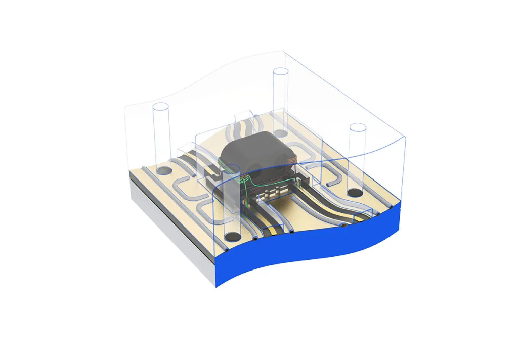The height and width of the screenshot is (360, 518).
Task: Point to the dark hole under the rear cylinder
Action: click(x=281, y=133)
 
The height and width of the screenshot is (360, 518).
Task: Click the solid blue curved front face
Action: click(x=314, y=243)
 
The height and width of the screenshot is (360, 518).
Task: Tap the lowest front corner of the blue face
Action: click(x=217, y=286)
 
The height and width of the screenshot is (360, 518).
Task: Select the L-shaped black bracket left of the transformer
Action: click(x=217, y=177)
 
